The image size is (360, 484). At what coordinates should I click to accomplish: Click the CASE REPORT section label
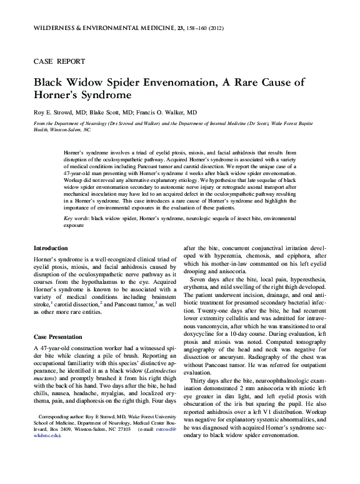pos(56,63)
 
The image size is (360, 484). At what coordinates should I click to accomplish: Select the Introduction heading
pos(51,266)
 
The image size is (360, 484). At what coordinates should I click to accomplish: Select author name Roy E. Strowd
pos(52,112)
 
